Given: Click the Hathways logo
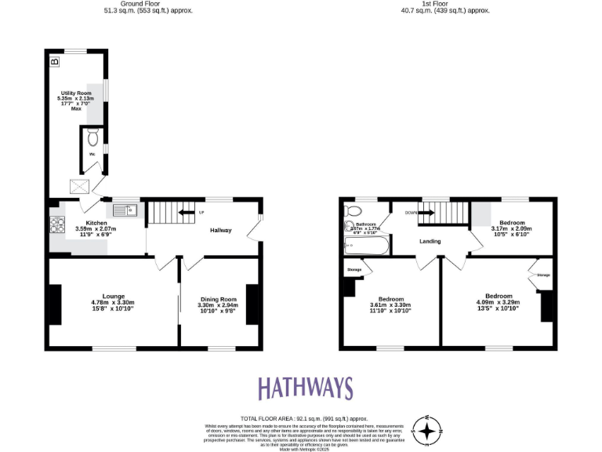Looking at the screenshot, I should coord(306,388).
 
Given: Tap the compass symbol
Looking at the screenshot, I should coord(427,430).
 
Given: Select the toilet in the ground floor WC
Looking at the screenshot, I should coord(93,139).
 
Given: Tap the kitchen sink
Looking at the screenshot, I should coord(125,210).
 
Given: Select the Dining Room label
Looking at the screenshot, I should coord(218,304).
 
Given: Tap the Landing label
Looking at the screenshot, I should coord(430,241).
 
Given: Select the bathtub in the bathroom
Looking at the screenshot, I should coord(365,248).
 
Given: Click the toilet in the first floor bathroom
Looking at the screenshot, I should coord(352,211).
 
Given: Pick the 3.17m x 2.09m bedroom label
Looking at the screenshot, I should coord(512,228).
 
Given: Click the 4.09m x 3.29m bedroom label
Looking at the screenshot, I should coord(499,301).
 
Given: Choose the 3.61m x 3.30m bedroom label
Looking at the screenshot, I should coord(391,304).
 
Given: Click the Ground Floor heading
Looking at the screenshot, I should coord(148,7).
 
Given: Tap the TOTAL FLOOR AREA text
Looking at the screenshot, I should coord(303,419).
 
